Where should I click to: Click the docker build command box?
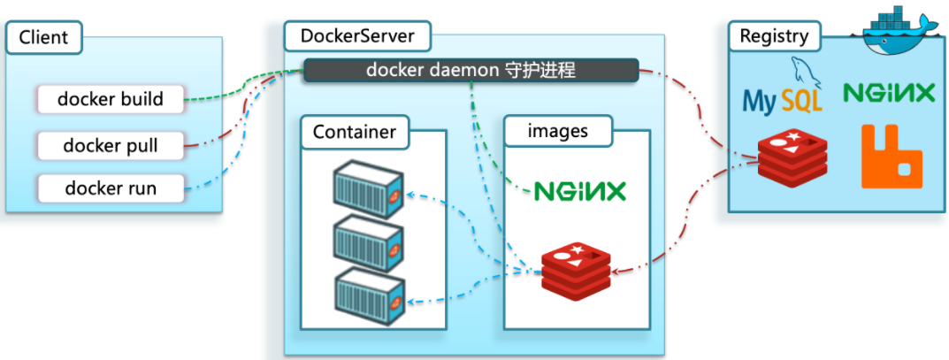coord(111,99)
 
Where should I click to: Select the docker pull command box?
coord(111,144)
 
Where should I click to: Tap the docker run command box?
coord(111,188)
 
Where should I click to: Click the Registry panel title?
coord(774,36)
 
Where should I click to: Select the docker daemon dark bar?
coord(471,70)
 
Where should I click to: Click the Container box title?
coord(355,134)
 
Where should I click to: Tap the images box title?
coord(557,132)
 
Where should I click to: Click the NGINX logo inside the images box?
coord(579,190)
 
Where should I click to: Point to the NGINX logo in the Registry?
coord(888,92)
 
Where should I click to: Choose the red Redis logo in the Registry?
coord(791,157)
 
